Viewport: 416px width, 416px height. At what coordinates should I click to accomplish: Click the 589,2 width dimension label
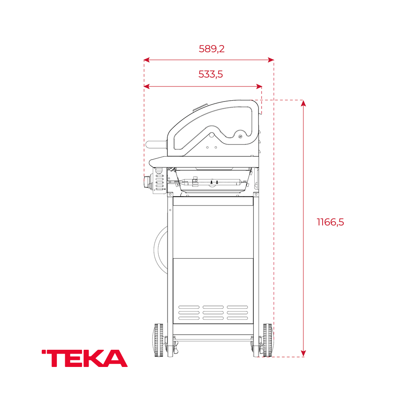[x=211, y=49]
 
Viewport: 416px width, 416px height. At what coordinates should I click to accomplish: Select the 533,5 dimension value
[x=210, y=74]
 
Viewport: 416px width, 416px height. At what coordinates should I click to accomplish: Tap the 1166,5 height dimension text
[x=330, y=222]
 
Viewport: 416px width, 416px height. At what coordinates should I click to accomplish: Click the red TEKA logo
[x=85, y=358]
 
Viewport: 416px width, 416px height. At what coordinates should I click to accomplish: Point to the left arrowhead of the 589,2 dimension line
[x=146, y=60]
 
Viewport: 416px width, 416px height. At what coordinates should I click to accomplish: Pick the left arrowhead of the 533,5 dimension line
[x=146, y=86]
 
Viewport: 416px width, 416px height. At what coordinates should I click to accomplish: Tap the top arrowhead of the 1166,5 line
[x=303, y=103]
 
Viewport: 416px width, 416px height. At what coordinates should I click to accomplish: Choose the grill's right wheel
[x=268, y=340]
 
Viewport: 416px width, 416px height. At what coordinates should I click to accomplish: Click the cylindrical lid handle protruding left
[x=155, y=144]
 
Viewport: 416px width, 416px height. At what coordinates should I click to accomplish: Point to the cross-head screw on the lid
[x=240, y=137]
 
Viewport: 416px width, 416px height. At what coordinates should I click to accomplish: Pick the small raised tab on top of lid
[x=200, y=107]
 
